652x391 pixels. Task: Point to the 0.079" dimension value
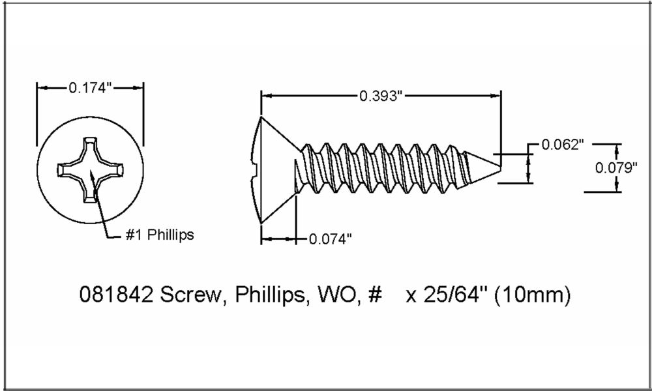click(616, 167)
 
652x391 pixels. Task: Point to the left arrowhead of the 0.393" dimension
click(264, 96)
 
